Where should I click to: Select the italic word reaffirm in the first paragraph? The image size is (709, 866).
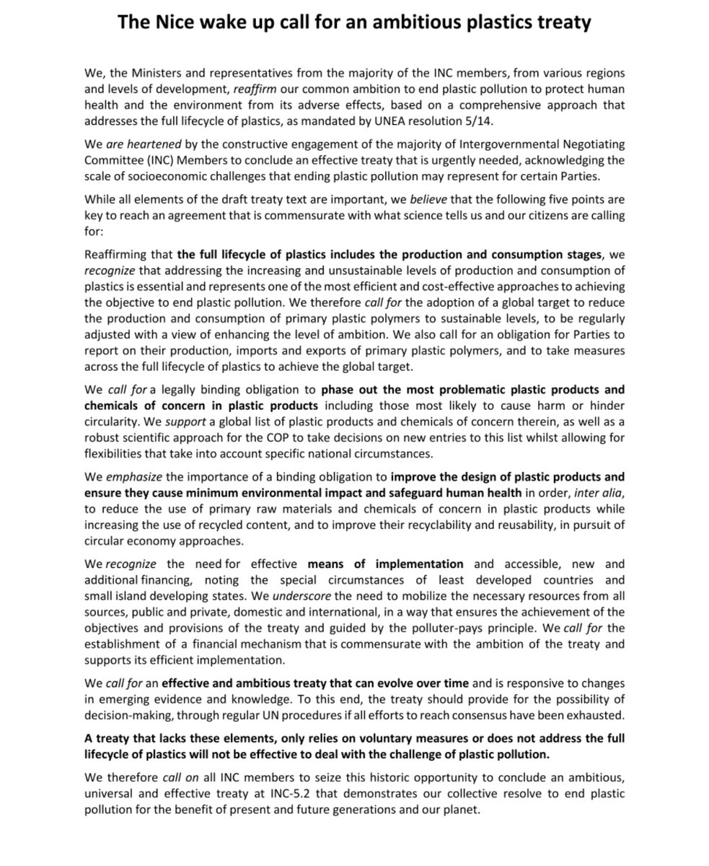259,89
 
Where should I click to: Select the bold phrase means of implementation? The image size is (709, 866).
385,564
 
